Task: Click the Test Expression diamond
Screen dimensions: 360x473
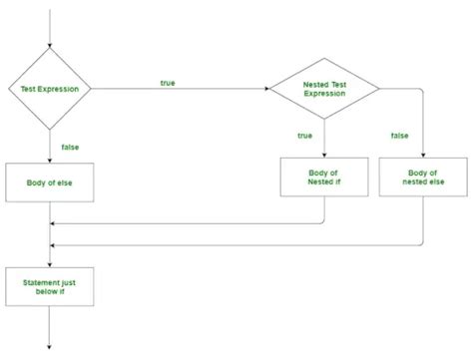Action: pyautogui.click(x=50, y=89)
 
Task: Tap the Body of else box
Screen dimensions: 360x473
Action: pyautogui.click(x=50, y=182)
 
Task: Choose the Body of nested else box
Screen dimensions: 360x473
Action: pyautogui.click(x=423, y=177)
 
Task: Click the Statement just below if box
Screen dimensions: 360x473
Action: pyautogui.click(x=50, y=288)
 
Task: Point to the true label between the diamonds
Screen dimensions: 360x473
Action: pyautogui.click(x=167, y=82)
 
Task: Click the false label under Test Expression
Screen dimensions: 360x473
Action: pyautogui.click(x=71, y=147)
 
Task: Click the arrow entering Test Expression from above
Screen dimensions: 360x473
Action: pyautogui.click(x=50, y=30)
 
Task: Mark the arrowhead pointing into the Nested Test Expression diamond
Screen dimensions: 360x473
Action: pyautogui.click(x=265, y=89)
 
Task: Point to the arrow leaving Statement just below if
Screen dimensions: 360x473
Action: pyautogui.click(x=50, y=329)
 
